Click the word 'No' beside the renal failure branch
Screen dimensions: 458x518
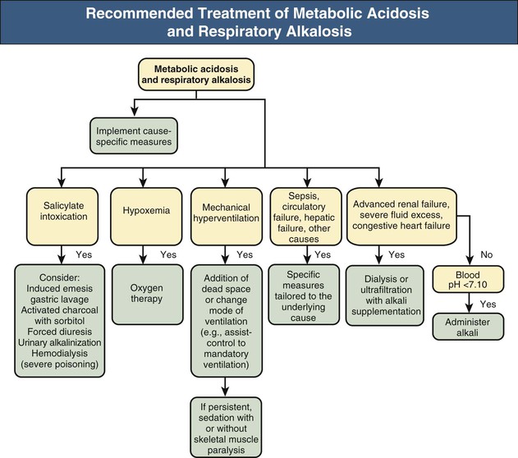[486, 254]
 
